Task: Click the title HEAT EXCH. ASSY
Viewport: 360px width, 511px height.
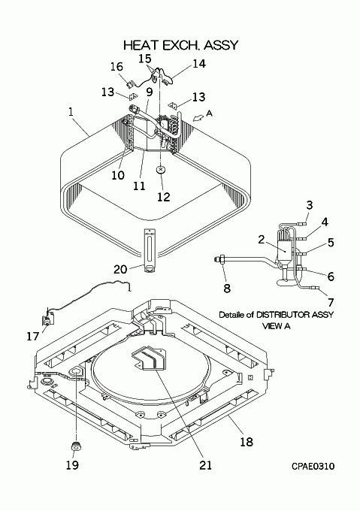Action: (x=181, y=45)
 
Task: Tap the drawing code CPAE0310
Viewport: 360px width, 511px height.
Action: (x=313, y=467)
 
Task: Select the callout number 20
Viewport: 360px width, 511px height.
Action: (x=120, y=269)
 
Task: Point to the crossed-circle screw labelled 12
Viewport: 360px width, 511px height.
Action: (x=161, y=170)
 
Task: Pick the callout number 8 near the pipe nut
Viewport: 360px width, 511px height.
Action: (x=227, y=288)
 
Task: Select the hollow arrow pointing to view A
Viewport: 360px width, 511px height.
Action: (x=198, y=118)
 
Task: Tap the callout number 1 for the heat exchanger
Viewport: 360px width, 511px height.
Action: (x=71, y=112)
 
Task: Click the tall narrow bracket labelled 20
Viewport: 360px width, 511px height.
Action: (x=150, y=250)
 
